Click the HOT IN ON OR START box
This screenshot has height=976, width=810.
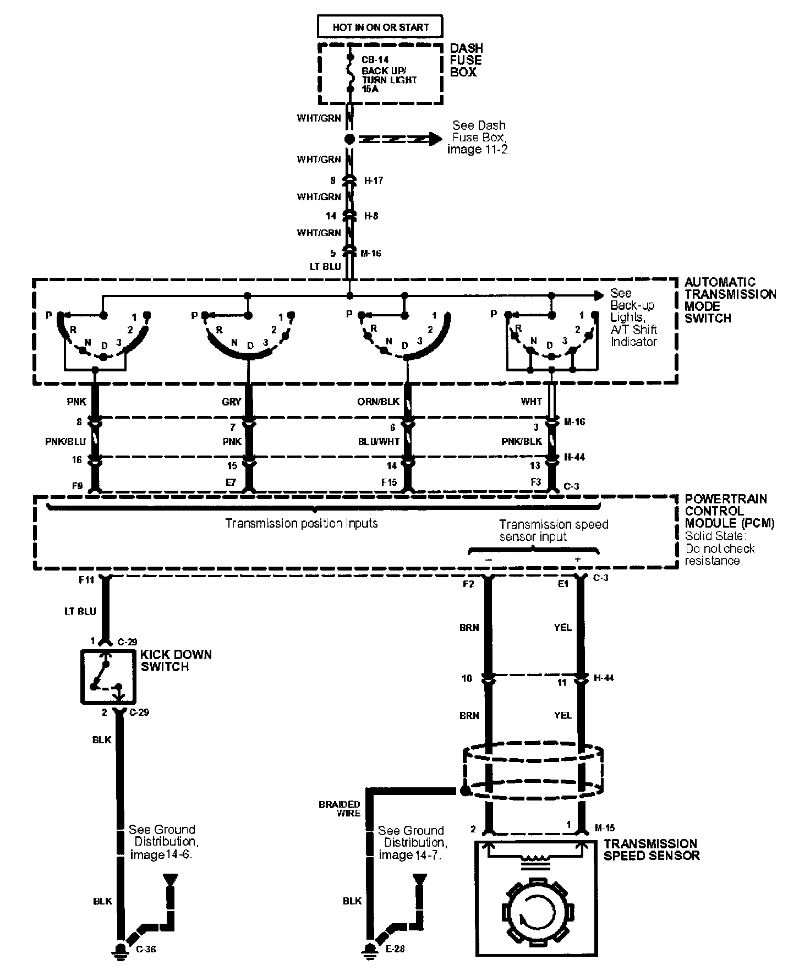point(380,26)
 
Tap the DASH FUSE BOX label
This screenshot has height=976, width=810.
point(466,60)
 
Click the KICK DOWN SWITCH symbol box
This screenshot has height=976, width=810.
point(108,676)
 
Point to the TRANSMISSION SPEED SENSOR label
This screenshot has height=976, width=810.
point(651,849)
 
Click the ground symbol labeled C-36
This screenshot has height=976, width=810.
point(120,948)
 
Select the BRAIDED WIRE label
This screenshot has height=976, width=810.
point(340,808)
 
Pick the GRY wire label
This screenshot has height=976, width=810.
point(232,402)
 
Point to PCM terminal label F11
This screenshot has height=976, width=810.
point(87,580)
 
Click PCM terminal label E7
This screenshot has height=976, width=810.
point(232,482)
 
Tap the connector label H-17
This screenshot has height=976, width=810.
point(374,180)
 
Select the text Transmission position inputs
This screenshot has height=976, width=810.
point(302,523)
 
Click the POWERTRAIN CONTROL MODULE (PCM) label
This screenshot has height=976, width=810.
point(729,511)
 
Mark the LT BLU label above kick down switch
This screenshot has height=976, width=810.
point(80,611)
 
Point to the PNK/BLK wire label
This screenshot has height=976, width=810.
point(522,441)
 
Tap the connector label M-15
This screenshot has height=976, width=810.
point(605,827)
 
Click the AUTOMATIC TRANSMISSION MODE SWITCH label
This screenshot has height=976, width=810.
point(730,300)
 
